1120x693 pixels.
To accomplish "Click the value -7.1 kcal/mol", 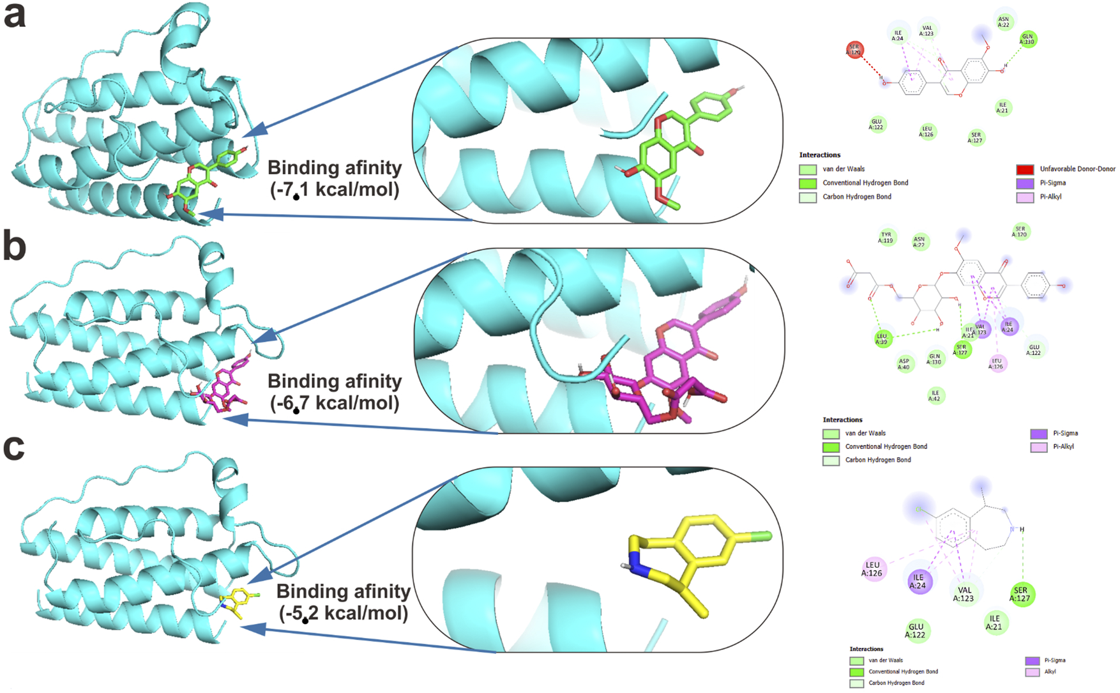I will (335, 190).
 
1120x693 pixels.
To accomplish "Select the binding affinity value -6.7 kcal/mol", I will (335, 403).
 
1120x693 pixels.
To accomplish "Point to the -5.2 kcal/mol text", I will (344, 613).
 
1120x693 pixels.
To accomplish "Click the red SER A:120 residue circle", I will (854, 50).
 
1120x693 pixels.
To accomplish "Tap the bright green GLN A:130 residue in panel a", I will (1027, 39).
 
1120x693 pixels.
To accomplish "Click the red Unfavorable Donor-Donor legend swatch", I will (1025, 169).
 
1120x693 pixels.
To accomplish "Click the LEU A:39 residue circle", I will (882, 339).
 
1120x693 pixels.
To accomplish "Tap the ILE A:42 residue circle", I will (935, 396).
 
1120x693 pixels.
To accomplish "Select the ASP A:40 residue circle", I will (904, 363).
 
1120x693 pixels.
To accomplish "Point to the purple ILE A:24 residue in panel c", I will (918, 581).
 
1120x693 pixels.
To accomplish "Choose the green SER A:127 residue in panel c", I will (1021, 594).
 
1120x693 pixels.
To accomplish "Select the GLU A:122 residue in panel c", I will (916, 630).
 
